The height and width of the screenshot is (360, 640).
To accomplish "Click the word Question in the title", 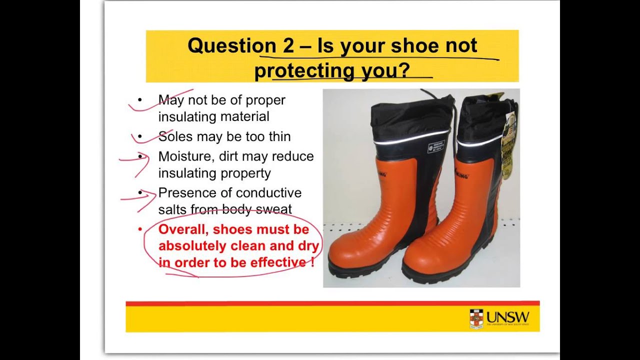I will [x=225, y=46].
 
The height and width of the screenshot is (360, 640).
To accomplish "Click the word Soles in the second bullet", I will [x=175, y=136].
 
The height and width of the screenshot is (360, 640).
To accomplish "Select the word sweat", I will [x=275, y=209].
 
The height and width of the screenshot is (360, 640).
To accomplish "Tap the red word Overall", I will [x=181, y=229].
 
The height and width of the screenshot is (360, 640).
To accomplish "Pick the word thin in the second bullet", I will [x=279, y=136].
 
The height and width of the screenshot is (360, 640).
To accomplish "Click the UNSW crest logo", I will [x=476, y=318].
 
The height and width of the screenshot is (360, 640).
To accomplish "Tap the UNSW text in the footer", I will [x=507, y=317].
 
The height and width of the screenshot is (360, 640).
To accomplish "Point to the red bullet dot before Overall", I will [x=140, y=229].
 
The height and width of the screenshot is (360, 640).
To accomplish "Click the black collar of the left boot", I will [x=410, y=117].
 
